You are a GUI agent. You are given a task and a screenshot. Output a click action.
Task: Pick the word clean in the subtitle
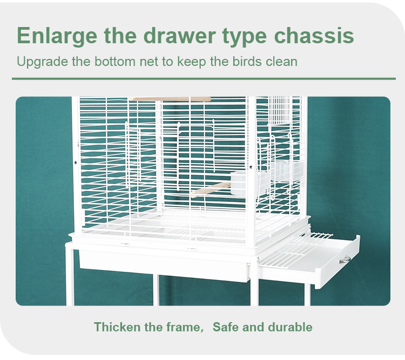coord(281,61)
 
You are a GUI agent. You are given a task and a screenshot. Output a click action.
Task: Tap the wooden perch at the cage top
coord(170,99)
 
